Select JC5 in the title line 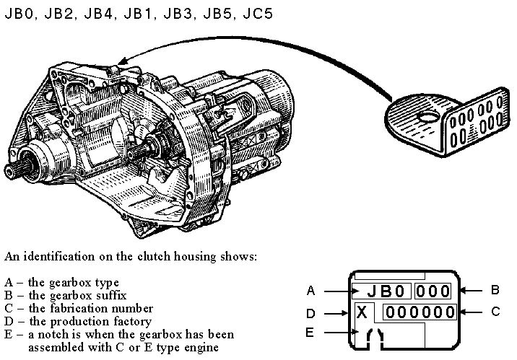click(x=257, y=14)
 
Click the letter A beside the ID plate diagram click(x=310, y=291)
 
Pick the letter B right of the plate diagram click(x=495, y=291)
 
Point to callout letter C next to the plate click(x=495, y=312)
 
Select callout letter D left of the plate click(x=310, y=314)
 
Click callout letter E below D click(x=310, y=333)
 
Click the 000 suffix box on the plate click(x=433, y=291)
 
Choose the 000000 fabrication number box click(x=420, y=312)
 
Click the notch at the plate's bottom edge click(x=375, y=335)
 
